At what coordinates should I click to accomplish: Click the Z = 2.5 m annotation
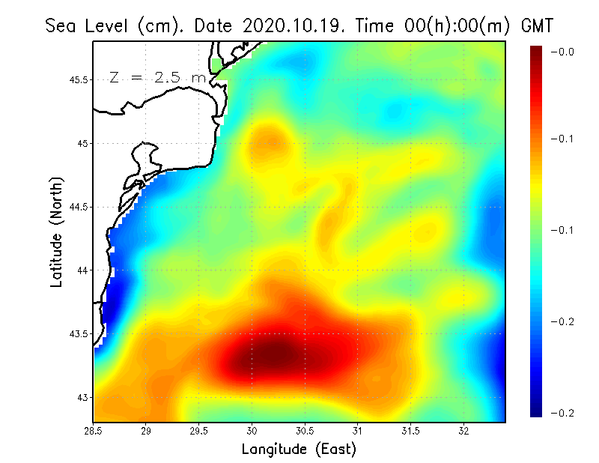(157, 77)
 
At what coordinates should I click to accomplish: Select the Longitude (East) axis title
(299, 450)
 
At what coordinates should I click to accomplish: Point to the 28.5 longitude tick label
(94, 431)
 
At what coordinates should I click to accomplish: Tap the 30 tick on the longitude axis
(252, 431)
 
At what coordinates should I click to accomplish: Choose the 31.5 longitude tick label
(412, 431)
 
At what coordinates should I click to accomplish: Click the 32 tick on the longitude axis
(464, 431)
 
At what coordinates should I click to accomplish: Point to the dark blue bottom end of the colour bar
(537, 411)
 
